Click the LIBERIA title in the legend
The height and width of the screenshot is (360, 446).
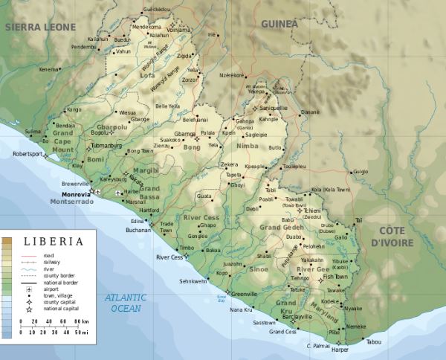pos(51,241)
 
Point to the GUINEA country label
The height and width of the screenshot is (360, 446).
pos(279,24)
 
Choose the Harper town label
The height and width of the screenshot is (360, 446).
pos(340,350)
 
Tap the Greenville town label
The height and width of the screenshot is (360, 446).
pos(244,294)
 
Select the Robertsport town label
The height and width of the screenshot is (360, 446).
pos(28,154)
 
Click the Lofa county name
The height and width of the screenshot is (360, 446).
pos(149,75)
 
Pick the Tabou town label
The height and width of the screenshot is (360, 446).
pos(373,342)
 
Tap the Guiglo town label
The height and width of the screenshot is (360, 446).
pos(360,172)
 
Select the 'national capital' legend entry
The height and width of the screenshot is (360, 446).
pos(59,309)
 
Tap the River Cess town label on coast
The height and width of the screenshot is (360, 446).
pos(169,257)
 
